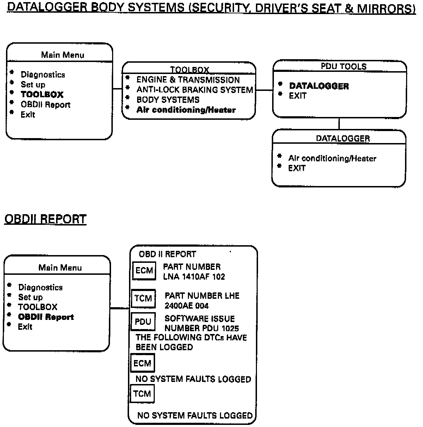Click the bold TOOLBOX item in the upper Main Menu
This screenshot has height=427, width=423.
point(42,94)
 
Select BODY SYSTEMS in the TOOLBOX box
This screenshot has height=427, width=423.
point(168,100)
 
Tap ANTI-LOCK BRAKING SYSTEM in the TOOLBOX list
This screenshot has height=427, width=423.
point(195,90)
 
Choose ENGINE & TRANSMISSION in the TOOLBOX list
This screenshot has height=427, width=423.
point(188,80)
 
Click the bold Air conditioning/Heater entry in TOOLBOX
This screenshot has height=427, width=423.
point(186,110)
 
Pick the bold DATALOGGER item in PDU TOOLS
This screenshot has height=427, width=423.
point(319,86)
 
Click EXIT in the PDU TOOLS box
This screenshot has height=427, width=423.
point(298,96)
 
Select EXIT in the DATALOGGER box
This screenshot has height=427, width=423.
point(297,168)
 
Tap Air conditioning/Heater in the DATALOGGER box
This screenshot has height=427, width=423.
point(332,159)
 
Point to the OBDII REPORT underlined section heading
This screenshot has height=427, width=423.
point(45,219)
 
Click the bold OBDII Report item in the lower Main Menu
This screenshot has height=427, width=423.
point(46,317)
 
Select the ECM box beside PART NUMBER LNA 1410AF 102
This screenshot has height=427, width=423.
point(144,271)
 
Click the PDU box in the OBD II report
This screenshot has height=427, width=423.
point(143,322)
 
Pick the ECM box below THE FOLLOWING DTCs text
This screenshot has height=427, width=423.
point(142,363)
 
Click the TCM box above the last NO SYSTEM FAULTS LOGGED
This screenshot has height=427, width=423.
point(142,394)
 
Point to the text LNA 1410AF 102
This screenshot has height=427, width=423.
point(194,277)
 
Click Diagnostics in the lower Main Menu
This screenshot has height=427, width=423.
point(40,287)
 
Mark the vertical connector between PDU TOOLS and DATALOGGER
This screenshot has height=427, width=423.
point(339,124)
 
